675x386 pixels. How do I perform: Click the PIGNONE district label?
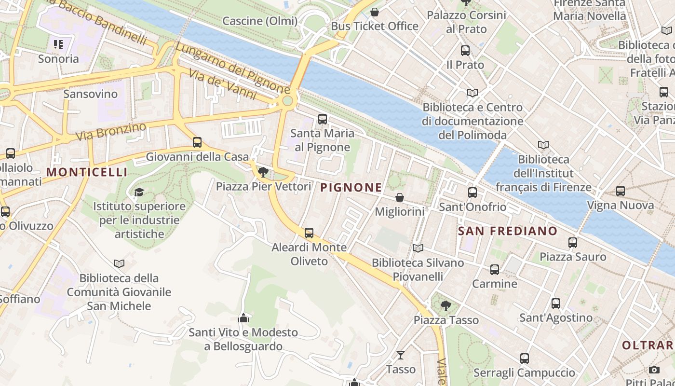pyautogui.click(x=351, y=188)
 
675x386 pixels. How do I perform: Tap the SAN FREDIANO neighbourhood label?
pyautogui.click(x=507, y=231)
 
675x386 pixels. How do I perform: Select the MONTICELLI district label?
pyautogui.click(x=87, y=172)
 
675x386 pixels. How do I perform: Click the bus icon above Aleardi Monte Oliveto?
pyautogui.click(x=309, y=233)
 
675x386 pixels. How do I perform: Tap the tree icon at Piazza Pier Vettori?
pyautogui.click(x=263, y=172)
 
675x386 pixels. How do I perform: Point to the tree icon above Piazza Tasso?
pyautogui.click(x=446, y=305)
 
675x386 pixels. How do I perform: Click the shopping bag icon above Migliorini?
pyautogui.click(x=400, y=197)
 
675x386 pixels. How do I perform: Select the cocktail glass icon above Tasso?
pyautogui.click(x=400, y=355)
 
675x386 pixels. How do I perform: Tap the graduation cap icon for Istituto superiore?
pyautogui.click(x=139, y=192)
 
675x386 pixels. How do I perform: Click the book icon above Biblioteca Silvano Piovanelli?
pyautogui.click(x=418, y=248)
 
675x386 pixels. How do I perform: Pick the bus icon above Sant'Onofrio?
pyautogui.click(x=472, y=193)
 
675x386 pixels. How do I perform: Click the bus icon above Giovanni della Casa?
pyautogui.click(x=197, y=142)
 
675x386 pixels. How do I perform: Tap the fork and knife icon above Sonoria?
pyautogui.click(x=58, y=45)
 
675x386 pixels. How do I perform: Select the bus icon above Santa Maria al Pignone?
pyautogui.click(x=323, y=119)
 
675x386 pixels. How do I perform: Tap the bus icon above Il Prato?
pyautogui.click(x=465, y=50)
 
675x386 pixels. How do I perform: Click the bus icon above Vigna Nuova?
pyautogui.click(x=621, y=191)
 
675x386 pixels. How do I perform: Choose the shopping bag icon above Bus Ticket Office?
pyautogui.click(x=375, y=12)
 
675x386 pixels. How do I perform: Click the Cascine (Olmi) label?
pyautogui.click(x=260, y=21)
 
